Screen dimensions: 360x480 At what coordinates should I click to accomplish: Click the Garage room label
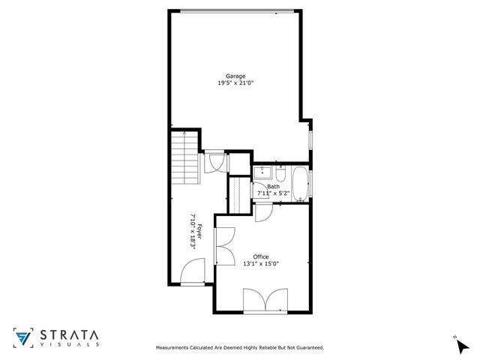(235, 76)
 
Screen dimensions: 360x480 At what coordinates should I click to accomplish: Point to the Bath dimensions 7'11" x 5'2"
(273, 193)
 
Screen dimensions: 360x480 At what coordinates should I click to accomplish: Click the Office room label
(260, 256)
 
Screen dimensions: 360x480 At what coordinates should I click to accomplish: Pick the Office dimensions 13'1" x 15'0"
(260, 263)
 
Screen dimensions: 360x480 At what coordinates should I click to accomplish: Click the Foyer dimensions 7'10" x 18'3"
(193, 231)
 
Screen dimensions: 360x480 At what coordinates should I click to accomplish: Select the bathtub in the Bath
(299, 184)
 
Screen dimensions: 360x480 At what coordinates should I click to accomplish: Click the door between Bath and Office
(262, 212)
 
